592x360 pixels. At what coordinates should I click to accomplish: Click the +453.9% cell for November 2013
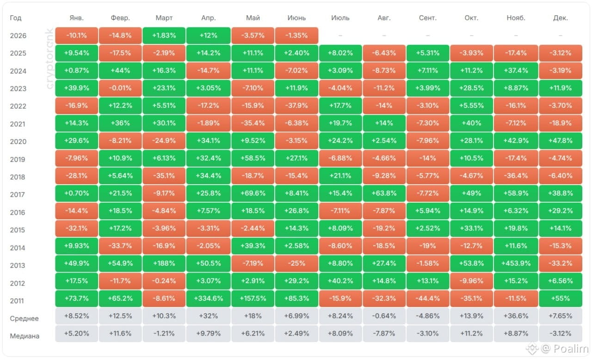(x=516, y=263)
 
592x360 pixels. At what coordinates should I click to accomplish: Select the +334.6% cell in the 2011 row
(x=208, y=298)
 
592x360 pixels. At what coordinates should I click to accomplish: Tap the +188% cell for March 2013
(x=164, y=263)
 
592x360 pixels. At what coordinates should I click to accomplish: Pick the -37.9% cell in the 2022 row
(x=296, y=106)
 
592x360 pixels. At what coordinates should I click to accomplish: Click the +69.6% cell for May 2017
(x=253, y=193)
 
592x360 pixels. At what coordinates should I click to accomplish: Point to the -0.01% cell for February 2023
(x=120, y=88)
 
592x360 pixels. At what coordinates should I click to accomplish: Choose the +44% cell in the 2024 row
(x=120, y=71)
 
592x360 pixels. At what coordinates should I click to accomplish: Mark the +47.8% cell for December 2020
(x=560, y=141)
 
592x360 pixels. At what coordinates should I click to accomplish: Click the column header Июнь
(x=296, y=18)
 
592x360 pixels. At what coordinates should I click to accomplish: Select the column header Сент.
(x=428, y=18)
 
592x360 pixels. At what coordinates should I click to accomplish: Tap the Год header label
(x=16, y=18)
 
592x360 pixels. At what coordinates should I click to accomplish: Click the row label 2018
(x=18, y=177)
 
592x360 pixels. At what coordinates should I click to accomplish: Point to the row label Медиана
(x=25, y=336)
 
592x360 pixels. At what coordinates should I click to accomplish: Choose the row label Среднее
(x=25, y=318)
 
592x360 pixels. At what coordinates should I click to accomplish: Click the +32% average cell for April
(x=208, y=316)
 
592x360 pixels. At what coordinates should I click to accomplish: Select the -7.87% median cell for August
(x=384, y=334)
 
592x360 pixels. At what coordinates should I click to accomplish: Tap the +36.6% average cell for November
(x=516, y=316)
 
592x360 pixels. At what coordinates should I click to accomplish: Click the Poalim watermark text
(x=571, y=348)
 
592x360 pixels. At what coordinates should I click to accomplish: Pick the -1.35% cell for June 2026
(x=296, y=36)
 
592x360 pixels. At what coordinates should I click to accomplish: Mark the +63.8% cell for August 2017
(x=384, y=193)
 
